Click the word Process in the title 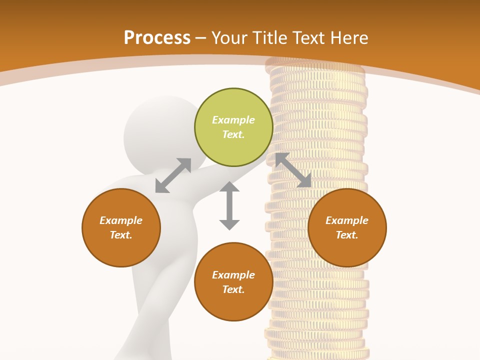click(x=157, y=38)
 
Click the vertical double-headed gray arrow click(x=229, y=205)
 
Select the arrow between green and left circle click(x=173, y=175)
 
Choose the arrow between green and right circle click(x=293, y=170)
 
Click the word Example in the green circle click(x=233, y=120)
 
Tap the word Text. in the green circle click(x=233, y=134)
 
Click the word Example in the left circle click(x=121, y=220)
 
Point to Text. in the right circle click(x=347, y=235)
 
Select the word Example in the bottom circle click(x=233, y=275)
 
